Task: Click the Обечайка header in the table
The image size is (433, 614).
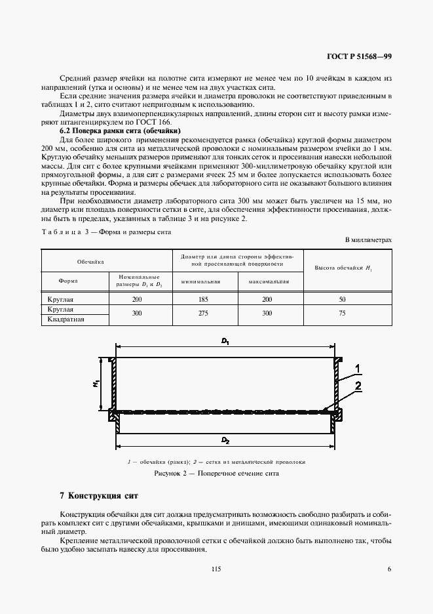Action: pyautogui.click(x=91, y=261)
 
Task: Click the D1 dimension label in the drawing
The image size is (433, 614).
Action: pyautogui.click(x=225, y=341)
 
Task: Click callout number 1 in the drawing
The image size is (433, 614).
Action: pyautogui.click(x=358, y=367)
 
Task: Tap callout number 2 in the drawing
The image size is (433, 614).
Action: pyautogui.click(x=358, y=387)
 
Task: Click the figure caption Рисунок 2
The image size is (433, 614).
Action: pyautogui.click(x=216, y=472)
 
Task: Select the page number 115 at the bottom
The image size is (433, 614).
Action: pyautogui.click(x=216, y=569)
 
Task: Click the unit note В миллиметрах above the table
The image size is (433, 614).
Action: pyautogui.click(x=369, y=241)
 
